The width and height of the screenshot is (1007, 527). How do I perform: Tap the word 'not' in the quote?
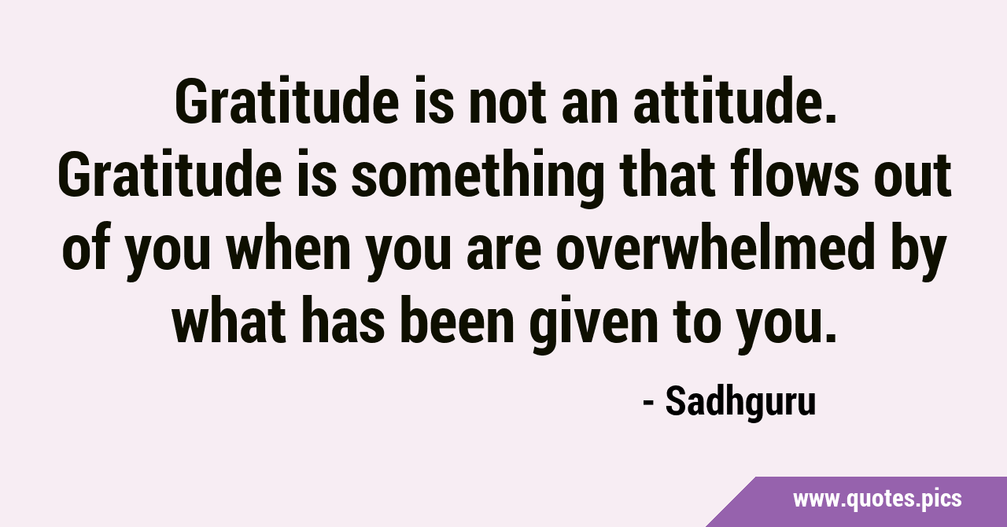507,103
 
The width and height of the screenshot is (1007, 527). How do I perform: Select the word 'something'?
478,177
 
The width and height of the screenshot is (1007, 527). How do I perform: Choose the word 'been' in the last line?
457,320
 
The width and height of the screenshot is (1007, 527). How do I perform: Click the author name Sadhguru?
740,403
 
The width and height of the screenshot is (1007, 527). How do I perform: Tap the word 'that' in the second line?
667,174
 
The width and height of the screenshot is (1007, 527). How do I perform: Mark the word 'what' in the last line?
229,320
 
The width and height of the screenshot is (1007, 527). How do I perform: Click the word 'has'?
342,320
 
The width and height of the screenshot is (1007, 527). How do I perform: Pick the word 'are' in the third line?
503,252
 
